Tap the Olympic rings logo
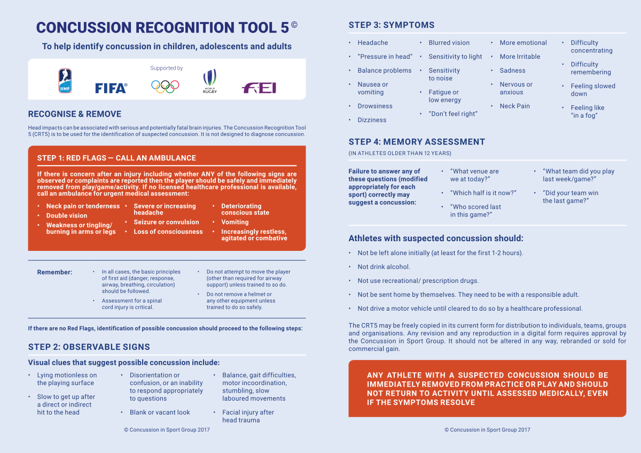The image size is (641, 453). click(x=165, y=86)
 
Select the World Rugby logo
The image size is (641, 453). click(x=209, y=82)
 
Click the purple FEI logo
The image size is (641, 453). click(x=259, y=88)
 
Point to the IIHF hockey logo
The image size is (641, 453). click(x=65, y=81)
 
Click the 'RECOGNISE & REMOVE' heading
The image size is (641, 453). click(x=75, y=114)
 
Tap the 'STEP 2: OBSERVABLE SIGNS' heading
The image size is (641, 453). click(x=89, y=347)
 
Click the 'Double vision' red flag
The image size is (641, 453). click(x=67, y=216)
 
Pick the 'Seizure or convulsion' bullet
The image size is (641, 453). click(x=166, y=222)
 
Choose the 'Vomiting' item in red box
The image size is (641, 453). click(x=235, y=222)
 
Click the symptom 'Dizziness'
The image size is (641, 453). click(x=372, y=120)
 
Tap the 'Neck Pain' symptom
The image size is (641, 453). click(x=515, y=106)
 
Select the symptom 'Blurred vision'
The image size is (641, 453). click(x=449, y=43)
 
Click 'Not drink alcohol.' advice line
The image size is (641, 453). click(x=384, y=267)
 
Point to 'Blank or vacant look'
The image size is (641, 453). click(x=160, y=412)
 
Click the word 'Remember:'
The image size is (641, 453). click(x=54, y=272)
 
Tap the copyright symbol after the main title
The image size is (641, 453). click(x=294, y=25)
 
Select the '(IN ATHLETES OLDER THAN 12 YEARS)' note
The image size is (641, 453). click(x=400, y=153)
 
